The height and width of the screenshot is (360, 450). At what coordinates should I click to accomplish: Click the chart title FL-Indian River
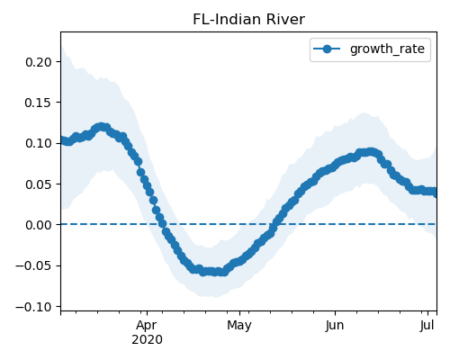pos(248,20)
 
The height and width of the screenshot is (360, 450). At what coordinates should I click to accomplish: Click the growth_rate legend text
pos(387,49)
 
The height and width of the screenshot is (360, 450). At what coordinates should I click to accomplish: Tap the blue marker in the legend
pos(327,49)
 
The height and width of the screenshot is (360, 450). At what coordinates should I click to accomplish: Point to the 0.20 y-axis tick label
pos(39,62)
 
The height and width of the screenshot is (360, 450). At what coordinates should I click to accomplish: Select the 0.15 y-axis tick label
pos(39,103)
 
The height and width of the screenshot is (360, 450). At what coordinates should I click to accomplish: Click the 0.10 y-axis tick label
pos(39,143)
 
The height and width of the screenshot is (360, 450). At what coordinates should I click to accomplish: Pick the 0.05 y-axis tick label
pos(39,184)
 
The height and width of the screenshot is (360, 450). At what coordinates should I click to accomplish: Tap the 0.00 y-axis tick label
pos(39,225)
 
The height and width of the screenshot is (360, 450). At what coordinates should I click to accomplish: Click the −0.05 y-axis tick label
pos(33,265)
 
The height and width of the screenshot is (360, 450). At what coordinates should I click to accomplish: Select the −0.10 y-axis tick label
pos(33,307)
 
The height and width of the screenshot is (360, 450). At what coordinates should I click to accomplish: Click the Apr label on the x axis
pos(147,326)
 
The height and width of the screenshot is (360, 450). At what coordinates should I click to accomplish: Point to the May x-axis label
pos(239,326)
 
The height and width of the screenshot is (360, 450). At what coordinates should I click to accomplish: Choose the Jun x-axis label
pos(335,326)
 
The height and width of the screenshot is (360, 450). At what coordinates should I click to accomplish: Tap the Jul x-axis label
pos(427,326)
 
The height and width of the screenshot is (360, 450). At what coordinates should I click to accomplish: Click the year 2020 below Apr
pos(147,340)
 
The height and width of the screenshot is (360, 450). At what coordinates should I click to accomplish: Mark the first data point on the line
pos(62,140)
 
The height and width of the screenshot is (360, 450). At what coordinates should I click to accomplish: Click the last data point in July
pos(435,193)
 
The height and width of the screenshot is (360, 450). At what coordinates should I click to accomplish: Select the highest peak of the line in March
pos(102,127)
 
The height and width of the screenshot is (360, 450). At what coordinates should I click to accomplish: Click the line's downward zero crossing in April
pos(163,224)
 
